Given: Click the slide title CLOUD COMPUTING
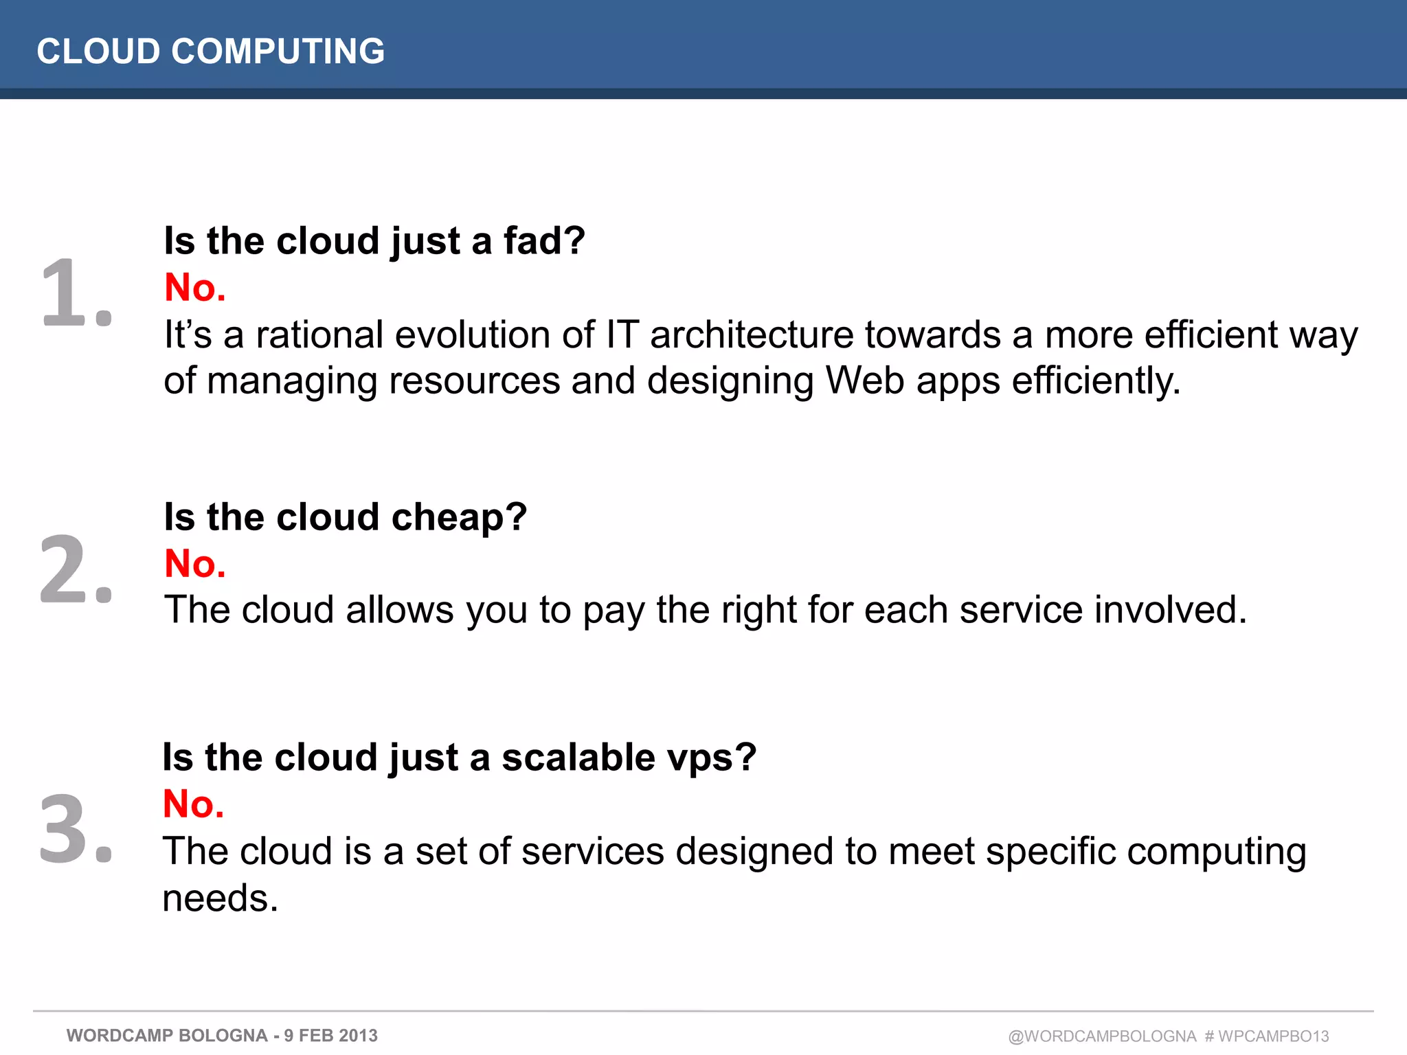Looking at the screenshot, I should tap(210, 52).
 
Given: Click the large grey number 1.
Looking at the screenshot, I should tap(76, 293).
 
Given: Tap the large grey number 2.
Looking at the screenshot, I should tap(76, 570).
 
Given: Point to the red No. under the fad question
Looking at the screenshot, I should tap(195, 288).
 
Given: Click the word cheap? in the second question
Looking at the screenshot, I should tap(459, 517).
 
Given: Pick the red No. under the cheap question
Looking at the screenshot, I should tap(195, 564).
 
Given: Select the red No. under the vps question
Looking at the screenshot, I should tap(194, 804).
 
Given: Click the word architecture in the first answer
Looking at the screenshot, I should tap(752, 335).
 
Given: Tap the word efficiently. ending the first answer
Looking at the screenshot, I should tap(1096, 382).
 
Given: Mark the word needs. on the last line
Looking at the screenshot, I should tap(221, 899).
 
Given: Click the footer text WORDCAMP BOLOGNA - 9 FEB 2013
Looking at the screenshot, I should tap(222, 1036).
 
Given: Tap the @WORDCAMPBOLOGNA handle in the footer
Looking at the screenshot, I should tap(1102, 1036).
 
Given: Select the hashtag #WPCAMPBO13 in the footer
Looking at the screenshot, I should tap(1268, 1036).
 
